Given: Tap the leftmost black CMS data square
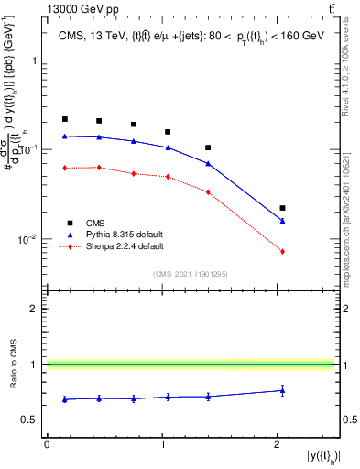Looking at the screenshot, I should pyautogui.click(x=65, y=119).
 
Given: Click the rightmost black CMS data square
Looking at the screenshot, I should pyautogui.click(x=282, y=208).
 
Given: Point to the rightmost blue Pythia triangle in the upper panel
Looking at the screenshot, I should pyautogui.click(x=282, y=221).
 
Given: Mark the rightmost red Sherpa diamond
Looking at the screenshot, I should pyautogui.click(x=282, y=251).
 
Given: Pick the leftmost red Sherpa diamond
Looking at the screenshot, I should pyautogui.click(x=65, y=168).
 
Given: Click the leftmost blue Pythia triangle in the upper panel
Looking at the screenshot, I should pyautogui.click(x=65, y=136).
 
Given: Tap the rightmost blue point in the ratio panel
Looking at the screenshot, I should pyautogui.click(x=282, y=390).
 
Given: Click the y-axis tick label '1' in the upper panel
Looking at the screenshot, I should pyautogui.click(x=34, y=60).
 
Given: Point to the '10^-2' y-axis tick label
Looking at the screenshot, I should pyautogui.click(x=28, y=240).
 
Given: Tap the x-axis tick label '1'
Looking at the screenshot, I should pyautogui.click(x=162, y=444).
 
